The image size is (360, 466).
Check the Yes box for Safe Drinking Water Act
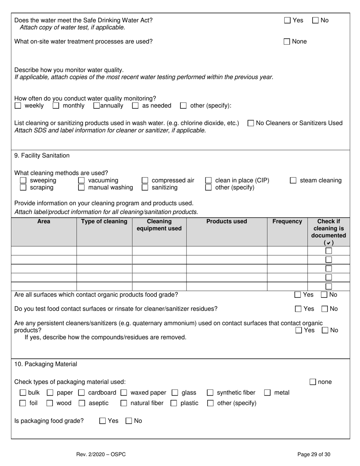point(287,20)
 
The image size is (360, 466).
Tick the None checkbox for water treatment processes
point(287,42)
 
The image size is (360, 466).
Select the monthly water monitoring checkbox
point(56,106)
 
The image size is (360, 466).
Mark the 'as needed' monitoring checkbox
point(135,106)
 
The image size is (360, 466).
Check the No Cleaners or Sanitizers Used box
point(250,123)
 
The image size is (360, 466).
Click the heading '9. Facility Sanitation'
point(42,155)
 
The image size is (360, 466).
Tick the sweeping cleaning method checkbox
point(23,181)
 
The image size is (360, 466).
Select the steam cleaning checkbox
point(293,181)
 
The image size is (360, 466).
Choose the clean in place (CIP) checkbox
point(208,181)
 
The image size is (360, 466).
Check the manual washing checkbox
point(81,188)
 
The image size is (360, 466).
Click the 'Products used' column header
point(227,222)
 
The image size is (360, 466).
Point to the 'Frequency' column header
point(287,222)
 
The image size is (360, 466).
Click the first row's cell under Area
point(44,251)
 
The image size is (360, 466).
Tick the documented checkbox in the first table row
point(329,251)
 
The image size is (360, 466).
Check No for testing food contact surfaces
point(325,309)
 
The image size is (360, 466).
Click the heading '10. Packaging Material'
point(45,364)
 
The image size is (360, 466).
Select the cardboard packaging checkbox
point(81,393)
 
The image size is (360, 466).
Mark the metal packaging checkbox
point(267,393)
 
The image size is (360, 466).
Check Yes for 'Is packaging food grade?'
point(102,421)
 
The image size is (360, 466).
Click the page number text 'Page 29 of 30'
point(314,455)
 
